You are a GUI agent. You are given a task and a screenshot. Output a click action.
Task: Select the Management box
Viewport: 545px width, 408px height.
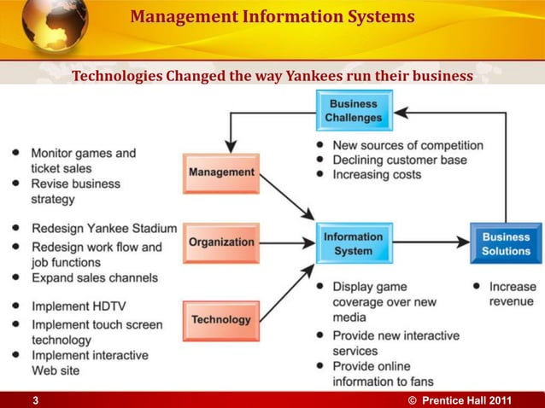221,173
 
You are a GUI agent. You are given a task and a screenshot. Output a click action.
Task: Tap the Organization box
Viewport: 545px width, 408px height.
221,242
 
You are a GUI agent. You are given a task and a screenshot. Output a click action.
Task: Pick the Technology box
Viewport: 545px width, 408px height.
221,320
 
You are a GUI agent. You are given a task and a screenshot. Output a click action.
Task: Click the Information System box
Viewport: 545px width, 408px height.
354,243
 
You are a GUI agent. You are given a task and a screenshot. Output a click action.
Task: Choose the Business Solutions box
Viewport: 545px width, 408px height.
506,243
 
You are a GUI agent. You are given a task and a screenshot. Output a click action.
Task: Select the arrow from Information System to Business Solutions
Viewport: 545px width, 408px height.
431,243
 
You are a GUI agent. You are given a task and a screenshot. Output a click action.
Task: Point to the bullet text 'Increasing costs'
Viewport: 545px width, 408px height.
377,174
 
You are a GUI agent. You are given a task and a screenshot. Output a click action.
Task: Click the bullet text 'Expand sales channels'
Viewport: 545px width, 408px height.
95,277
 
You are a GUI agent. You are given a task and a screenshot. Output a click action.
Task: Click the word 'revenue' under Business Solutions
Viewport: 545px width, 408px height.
512,301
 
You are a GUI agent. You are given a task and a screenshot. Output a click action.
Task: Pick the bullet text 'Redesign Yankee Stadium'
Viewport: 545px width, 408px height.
104,229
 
